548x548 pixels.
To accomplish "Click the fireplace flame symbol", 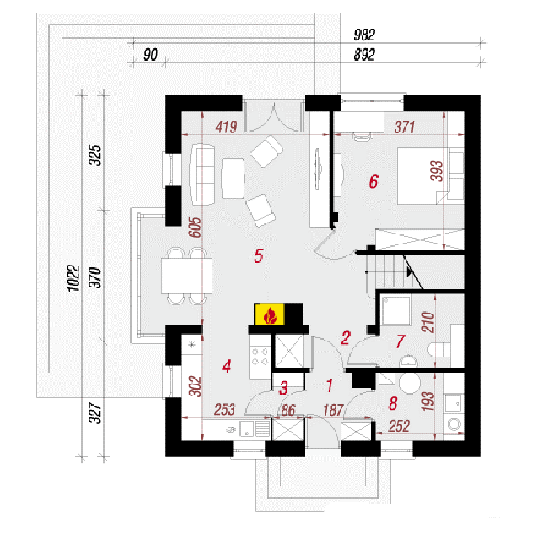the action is click(270, 315).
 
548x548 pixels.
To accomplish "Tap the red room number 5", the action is click(259, 255).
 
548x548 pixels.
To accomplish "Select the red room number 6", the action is click(373, 182).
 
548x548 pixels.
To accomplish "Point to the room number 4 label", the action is click(227, 367).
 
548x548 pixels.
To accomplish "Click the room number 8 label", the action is click(393, 403).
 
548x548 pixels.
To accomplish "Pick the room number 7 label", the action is click(400, 341).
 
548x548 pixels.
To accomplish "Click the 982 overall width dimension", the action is click(364, 35).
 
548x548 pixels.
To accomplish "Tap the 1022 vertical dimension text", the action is click(74, 278).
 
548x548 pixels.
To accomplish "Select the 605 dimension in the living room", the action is click(195, 227).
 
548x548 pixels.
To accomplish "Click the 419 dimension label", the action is click(227, 127).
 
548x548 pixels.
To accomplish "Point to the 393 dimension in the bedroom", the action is click(437, 171).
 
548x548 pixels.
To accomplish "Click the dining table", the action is click(186, 276).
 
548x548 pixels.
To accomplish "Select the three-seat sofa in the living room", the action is click(202, 175).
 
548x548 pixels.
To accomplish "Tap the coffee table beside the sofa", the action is click(233, 179).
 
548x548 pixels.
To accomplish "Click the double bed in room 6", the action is click(431, 176).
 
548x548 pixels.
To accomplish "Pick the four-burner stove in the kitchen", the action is click(260, 356).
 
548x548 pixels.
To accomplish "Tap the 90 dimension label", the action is click(151, 55).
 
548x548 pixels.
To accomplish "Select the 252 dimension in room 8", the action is click(399, 426).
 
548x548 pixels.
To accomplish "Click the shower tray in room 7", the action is click(396, 311).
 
